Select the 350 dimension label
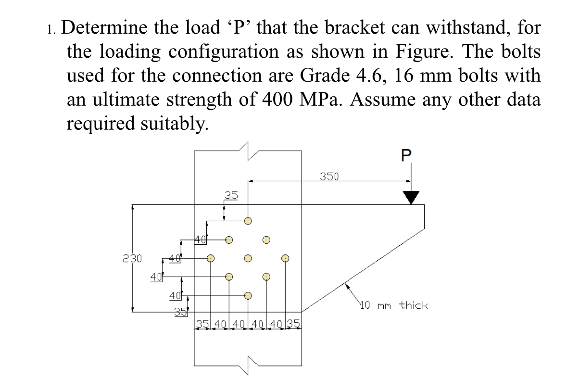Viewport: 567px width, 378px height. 329,176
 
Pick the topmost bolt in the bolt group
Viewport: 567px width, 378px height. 248,221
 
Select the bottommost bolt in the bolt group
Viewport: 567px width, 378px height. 248,296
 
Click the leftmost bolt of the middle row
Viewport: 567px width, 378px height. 210,258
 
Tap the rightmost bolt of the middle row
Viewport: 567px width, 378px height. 285,258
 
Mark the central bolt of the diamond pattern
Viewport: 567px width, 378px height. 248,258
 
